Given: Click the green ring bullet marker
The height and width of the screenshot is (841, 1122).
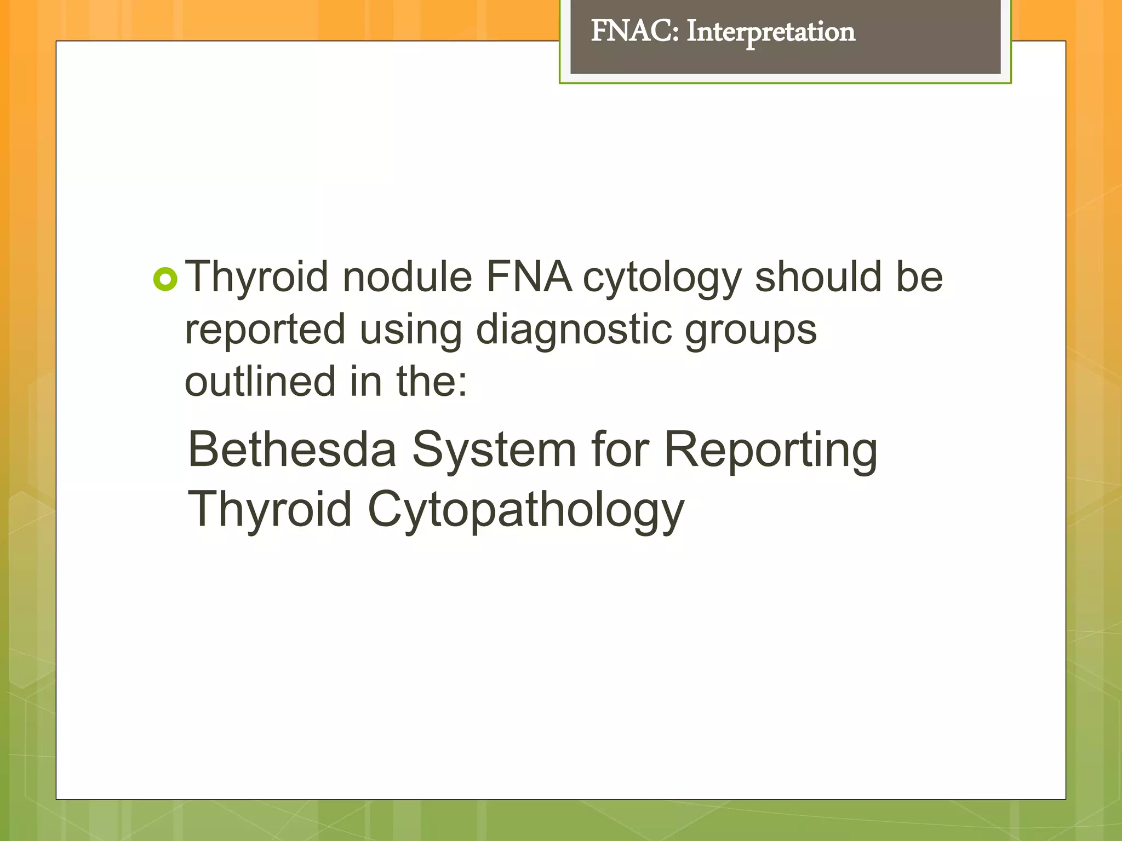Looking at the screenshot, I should tap(165, 279).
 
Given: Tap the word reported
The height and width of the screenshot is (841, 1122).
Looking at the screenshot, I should tap(265, 331).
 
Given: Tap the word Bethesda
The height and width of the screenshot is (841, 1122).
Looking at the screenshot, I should tap(291, 450).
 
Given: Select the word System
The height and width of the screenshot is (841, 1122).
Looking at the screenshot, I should tap(494, 451).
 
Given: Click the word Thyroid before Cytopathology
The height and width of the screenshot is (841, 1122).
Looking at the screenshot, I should tap(270, 509).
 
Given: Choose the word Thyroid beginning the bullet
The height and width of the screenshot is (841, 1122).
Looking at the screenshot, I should tap(256, 278).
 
